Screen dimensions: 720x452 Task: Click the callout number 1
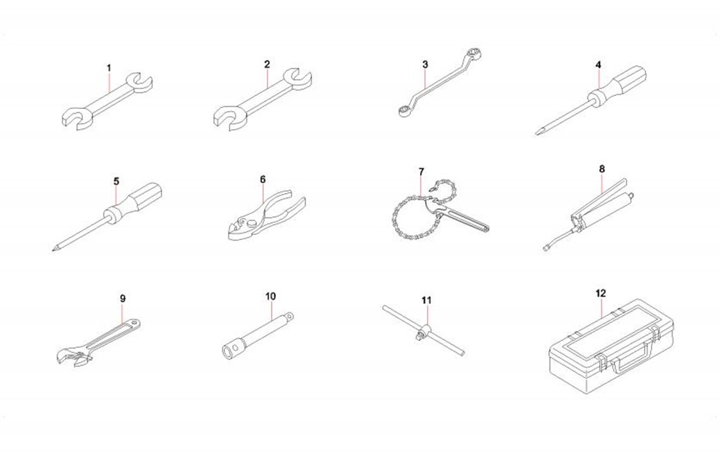coord(109,68)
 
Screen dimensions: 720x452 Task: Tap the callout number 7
coord(421,172)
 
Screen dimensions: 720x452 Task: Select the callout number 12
coord(601,293)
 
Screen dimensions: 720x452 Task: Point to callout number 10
coord(270,296)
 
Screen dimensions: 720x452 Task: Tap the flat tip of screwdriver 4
coord(537,133)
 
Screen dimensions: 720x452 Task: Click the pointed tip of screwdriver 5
coord(54,250)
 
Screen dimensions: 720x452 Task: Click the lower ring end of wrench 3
coord(404,110)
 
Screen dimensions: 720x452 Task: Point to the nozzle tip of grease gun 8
coord(545,249)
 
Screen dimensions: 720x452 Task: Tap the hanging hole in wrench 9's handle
coord(134,324)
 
